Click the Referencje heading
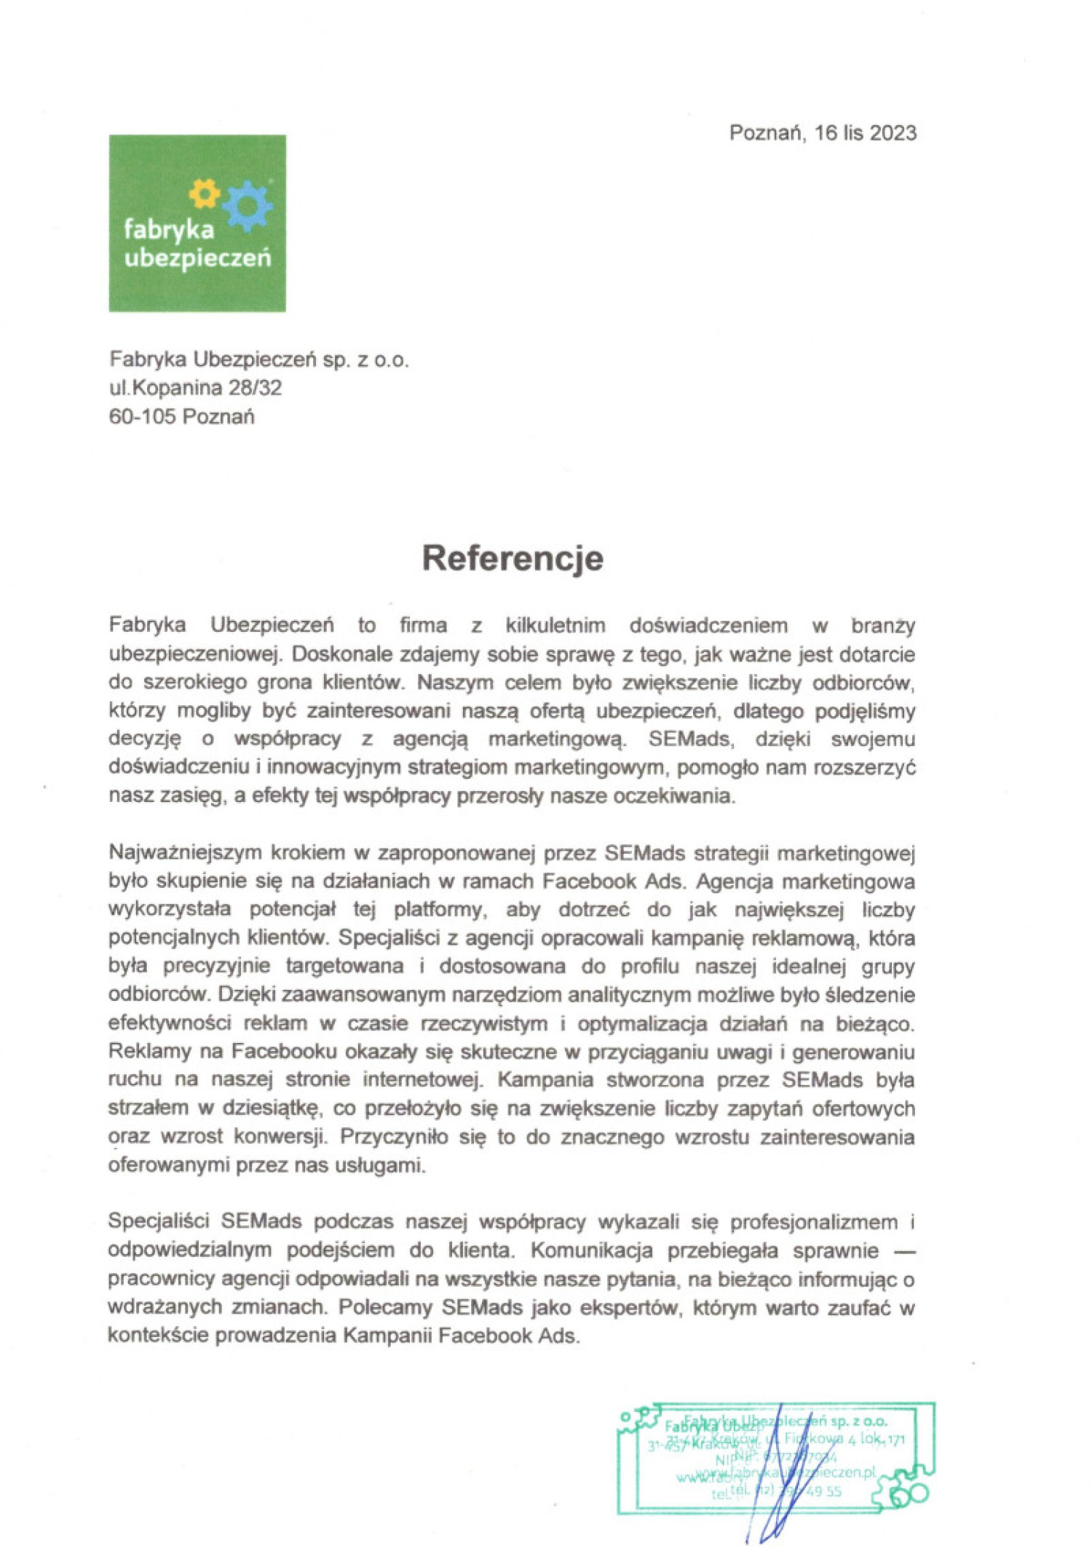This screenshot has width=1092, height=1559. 513,558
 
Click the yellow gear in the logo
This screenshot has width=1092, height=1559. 205,194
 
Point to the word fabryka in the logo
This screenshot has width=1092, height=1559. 169,230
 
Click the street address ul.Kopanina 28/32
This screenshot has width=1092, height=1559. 195,388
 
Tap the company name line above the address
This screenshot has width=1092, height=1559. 258,360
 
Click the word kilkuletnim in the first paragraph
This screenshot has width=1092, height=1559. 555,625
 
